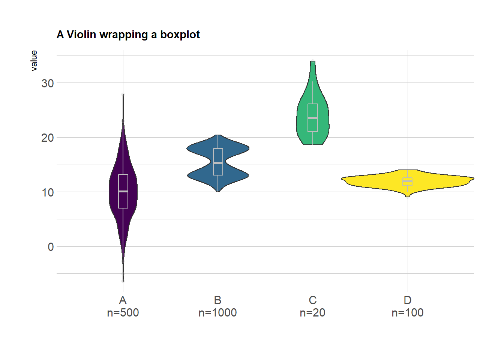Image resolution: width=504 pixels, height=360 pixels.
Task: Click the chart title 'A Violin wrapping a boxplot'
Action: [x=128, y=34]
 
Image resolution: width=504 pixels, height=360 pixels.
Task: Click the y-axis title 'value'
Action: [x=34, y=61]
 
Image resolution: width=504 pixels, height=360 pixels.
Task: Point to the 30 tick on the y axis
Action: [x=48, y=83]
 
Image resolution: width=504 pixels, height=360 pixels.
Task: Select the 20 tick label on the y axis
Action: [x=48, y=138]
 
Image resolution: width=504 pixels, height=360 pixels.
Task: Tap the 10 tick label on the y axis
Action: [x=48, y=193]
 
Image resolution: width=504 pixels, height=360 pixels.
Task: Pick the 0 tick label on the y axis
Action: [x=51, y=247]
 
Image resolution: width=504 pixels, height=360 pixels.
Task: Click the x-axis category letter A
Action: [x=123, y=300]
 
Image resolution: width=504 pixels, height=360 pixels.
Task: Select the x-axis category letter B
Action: [x=218, y=300]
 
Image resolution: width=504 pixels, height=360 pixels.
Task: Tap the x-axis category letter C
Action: [x=313, y=300]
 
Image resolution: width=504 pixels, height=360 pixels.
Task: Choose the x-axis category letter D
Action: [x=408, y=300]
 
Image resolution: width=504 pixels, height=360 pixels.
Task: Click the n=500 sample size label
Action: [x=123, y=313]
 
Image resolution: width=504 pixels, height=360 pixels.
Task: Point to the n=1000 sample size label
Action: [x=218, y=313]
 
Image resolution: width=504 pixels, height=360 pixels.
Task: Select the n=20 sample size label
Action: [x=313, y=313]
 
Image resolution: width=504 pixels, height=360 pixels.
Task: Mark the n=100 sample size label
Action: [x=408, y=313]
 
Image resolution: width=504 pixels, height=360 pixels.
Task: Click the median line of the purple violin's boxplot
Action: [x=123, y=192]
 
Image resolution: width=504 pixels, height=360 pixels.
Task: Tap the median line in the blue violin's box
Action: [x=218, y=163]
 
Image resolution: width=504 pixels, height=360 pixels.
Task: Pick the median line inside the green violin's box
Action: [x=313, y=118]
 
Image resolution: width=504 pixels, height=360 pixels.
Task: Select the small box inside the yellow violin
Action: [x=408, y=181]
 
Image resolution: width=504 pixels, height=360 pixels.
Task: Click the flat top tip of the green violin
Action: [x=313, y=61]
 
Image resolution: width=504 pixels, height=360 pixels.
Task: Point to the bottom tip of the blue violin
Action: [x=218, y=191]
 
